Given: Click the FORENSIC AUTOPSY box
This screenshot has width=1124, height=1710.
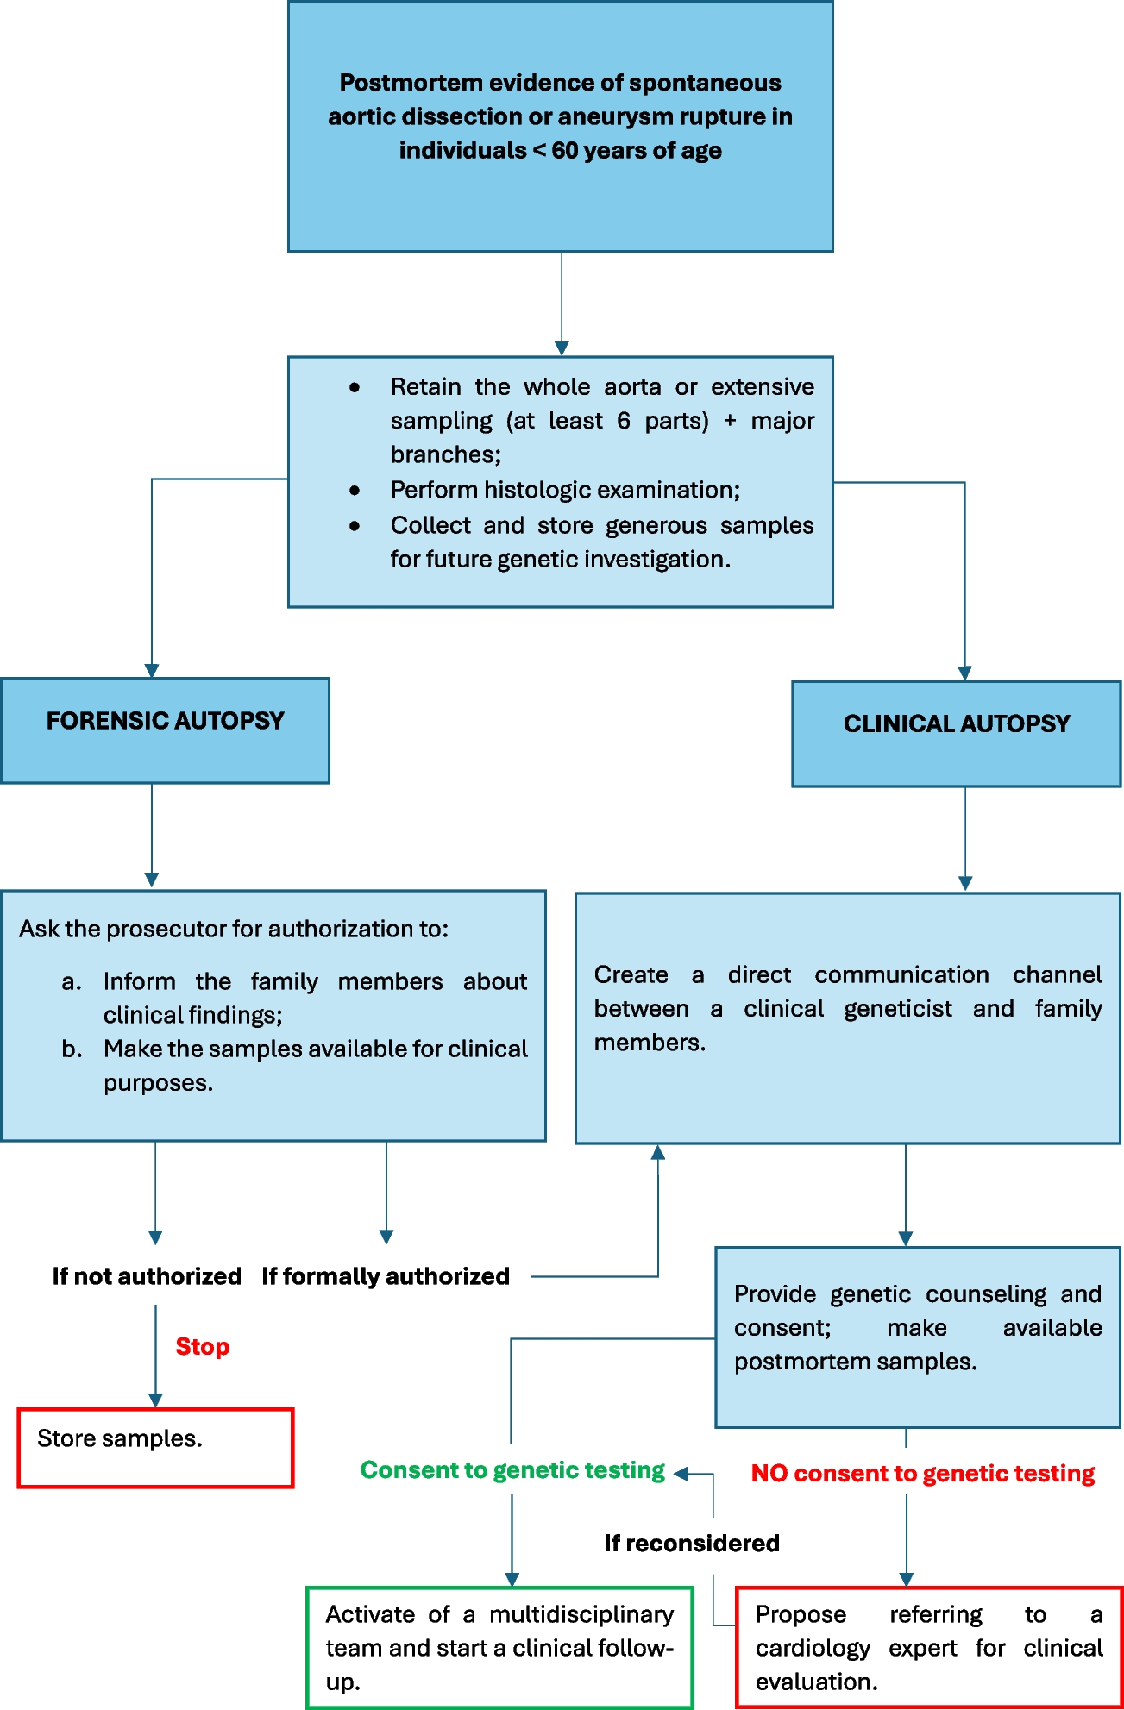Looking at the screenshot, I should tap(165, 730).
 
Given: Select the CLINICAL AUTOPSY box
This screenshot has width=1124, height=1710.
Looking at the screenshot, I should tap(956, 733).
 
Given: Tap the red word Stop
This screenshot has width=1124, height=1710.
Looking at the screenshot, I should tap(202, 1346).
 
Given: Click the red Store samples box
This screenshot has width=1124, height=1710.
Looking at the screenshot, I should tap(155, 1448).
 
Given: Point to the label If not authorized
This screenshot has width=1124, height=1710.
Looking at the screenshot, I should tap(147, 1276).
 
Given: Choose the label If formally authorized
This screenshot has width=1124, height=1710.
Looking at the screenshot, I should tap(386, 1276).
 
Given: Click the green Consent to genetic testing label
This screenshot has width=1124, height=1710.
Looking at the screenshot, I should tap(512, 1470).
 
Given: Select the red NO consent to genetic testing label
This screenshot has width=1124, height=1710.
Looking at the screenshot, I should tap(922, 1474).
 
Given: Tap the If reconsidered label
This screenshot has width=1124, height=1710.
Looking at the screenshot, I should tap(692, 1543).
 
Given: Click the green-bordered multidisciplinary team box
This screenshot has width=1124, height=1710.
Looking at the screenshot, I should tap(499, 1647).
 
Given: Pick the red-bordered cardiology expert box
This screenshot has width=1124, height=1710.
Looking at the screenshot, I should tap(928, 1647).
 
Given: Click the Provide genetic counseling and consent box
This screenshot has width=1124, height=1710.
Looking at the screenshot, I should tap(917, 1336).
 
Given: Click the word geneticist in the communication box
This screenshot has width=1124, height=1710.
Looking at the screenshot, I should tap(898, 1009).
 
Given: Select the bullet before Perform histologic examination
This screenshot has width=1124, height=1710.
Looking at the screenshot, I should tap(355, 491).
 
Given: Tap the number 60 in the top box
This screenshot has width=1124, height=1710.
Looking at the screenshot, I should tap(564, 150).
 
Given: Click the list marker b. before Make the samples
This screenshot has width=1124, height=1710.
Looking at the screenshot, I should tap(72, 1049).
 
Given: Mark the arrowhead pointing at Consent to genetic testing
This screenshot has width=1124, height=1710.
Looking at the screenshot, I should tap(681, 1474).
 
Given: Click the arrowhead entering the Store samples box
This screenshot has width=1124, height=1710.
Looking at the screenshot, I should tap(155, 1401).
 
